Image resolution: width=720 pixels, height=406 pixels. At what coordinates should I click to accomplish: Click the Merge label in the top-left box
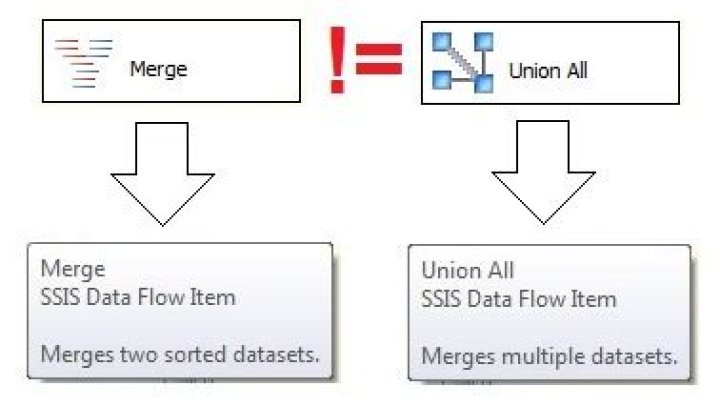pyautogui.click(x=158, y=70)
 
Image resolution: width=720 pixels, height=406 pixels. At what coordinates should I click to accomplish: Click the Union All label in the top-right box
pyautogui.click(x=548, y=71)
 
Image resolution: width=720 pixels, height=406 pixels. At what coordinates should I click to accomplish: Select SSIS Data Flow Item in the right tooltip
pyautogui.click(x=519, y=299)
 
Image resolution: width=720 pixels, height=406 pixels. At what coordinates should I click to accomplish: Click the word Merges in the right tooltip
pyautogui.click(x=457, y=356)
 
